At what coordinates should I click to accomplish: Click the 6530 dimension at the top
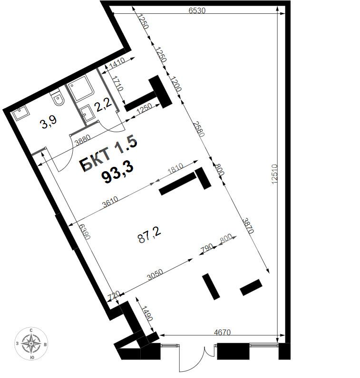click(196, 10)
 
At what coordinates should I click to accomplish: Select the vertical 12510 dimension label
click(274, 171)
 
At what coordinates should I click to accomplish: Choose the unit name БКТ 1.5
click(108, 155)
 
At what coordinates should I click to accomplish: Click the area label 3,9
click(49, 124)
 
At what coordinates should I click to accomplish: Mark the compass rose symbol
click(31, 343)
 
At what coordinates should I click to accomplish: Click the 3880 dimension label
click(84, 141)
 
